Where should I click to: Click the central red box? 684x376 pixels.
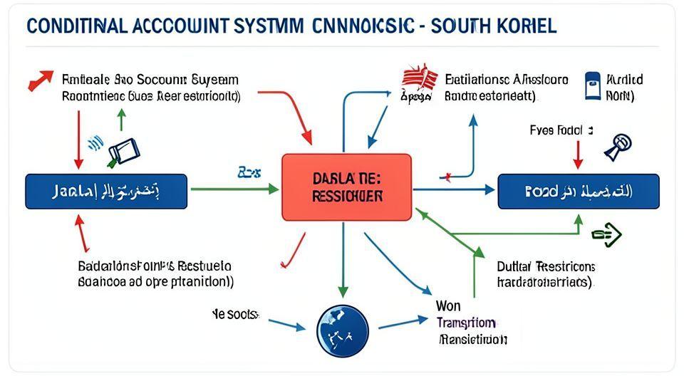click(346, 187)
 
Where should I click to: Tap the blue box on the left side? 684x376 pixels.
click(106, 192)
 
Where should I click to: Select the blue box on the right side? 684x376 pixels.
click(578, 191)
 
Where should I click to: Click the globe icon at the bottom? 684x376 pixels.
click(342, 331)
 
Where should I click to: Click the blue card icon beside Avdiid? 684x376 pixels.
click(591, 85)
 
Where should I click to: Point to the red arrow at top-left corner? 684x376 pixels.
click(41, 80)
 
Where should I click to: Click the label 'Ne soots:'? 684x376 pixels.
click(236, 313)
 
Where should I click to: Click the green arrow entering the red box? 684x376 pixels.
click(235, 189)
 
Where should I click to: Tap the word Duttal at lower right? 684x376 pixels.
click(513, 266)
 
